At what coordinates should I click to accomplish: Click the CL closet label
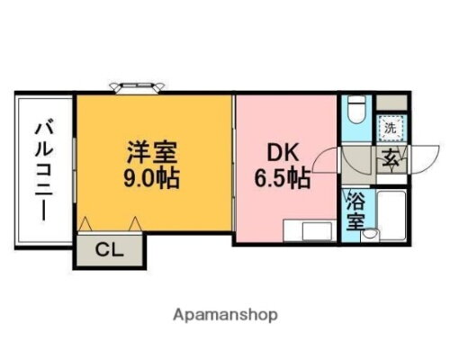pos(106,249)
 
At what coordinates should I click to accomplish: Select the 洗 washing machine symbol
pos(390,128)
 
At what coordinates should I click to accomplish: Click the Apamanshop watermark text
pos(225,316)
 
